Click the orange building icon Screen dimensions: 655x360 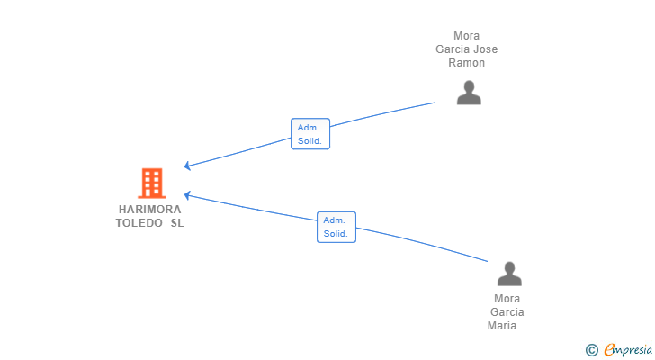pos(152,184)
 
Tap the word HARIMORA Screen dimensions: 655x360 pos(149,209)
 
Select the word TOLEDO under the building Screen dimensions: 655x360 pos(139,223)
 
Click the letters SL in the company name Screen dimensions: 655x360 pos(177,223)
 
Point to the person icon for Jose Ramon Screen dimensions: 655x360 pos(469,93)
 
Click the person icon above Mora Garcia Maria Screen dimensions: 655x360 pos(509,274)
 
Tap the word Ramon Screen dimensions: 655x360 pos(467,63)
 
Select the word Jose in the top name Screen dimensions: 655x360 pos(486,49)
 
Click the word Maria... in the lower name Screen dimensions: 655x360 pos(507,326)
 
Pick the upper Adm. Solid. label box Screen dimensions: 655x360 pos(310,134)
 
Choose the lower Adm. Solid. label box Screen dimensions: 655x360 pos(336,227)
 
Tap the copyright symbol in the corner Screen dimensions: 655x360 pos(592,350)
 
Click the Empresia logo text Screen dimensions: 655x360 pos(628,350)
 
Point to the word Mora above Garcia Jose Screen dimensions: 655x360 pos(467,36)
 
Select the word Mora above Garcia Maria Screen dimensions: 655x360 pos(507,299)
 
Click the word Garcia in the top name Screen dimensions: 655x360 pos(453,49)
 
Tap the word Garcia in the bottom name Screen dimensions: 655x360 pos(507,312)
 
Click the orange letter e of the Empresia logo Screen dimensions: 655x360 pos(610,350)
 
